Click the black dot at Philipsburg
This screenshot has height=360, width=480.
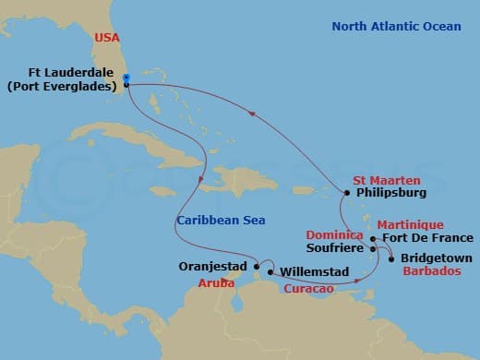[345, 193]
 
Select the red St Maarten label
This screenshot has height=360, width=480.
[386, 179]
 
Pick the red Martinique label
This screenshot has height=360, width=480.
[409, 224]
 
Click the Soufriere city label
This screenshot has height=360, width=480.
[336, 248]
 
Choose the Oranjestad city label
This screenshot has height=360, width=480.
[211, 267]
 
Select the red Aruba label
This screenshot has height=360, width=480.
[215, 283]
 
